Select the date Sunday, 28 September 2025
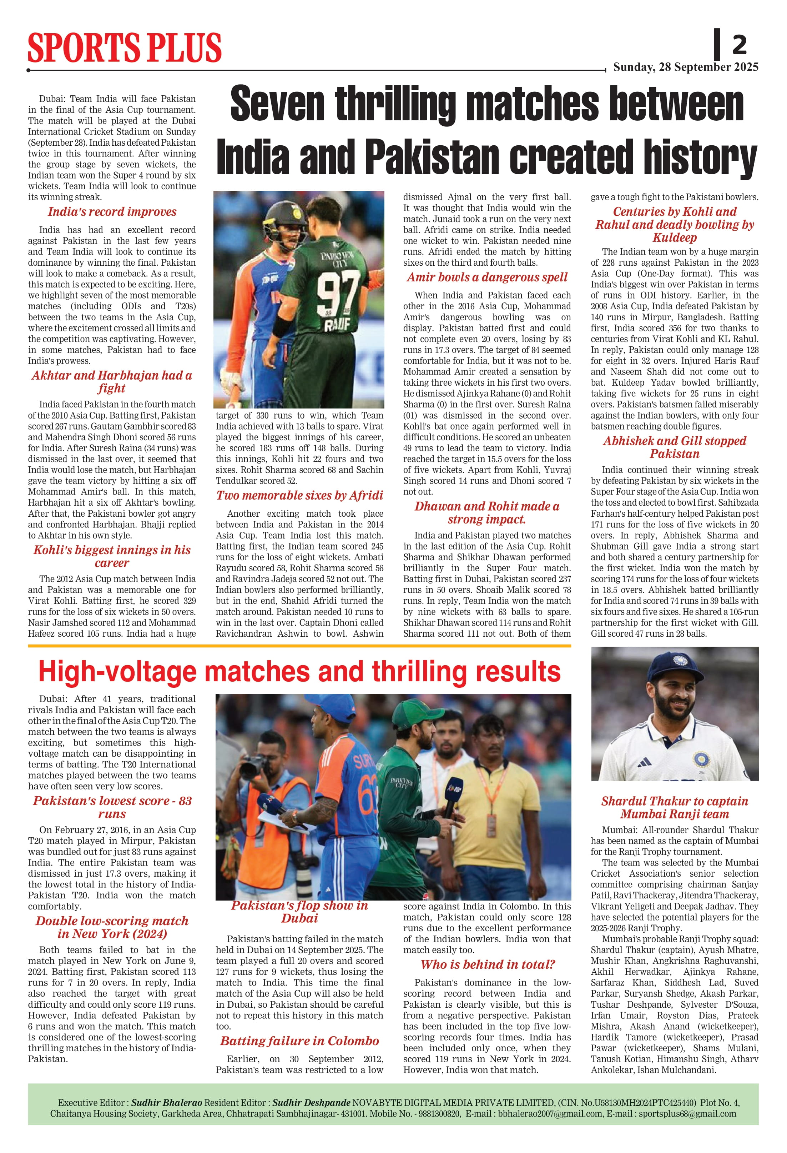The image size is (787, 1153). [x=685, y=67]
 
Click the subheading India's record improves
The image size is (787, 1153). [x=112, y=212]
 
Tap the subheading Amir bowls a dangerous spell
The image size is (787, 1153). [x=487, y=277]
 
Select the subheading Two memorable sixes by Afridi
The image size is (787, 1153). [x=299, y=495]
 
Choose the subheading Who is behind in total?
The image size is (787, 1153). [x=487, y=964]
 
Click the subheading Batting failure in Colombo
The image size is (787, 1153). [x=299, y=1041]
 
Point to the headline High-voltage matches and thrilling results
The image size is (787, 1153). [x=299, y=672]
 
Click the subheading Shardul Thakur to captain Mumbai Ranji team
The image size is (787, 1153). [x=675, y=808]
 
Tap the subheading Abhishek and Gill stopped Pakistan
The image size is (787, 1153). [x=675, y=447]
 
